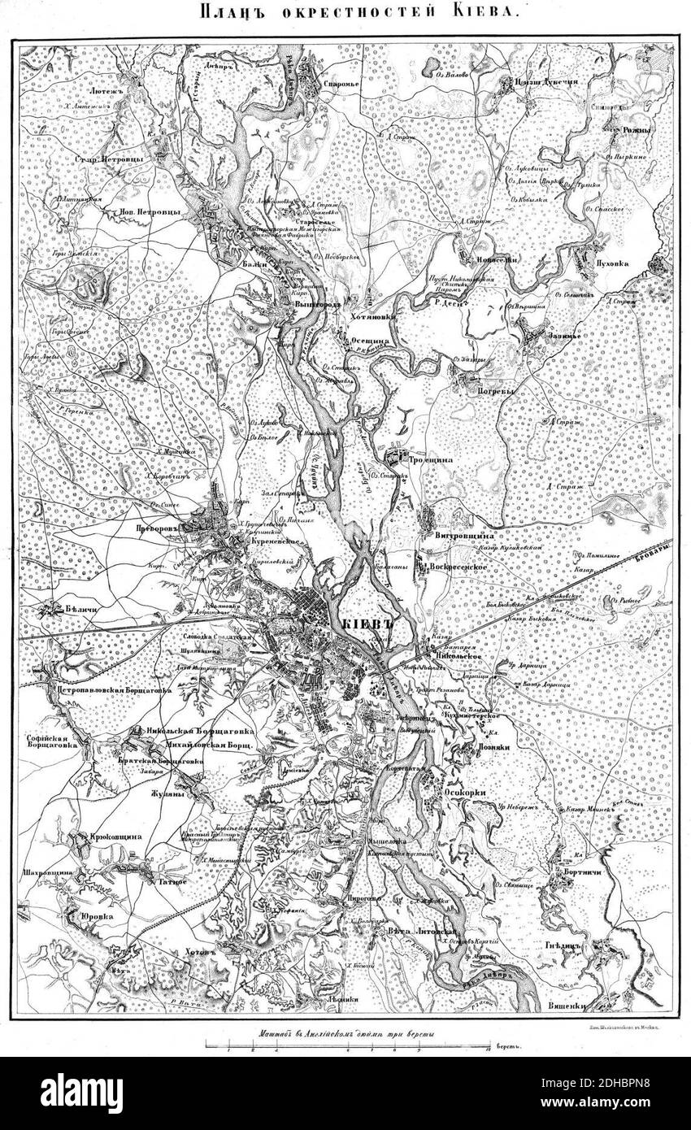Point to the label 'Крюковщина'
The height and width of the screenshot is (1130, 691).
[x=117, y=836]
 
